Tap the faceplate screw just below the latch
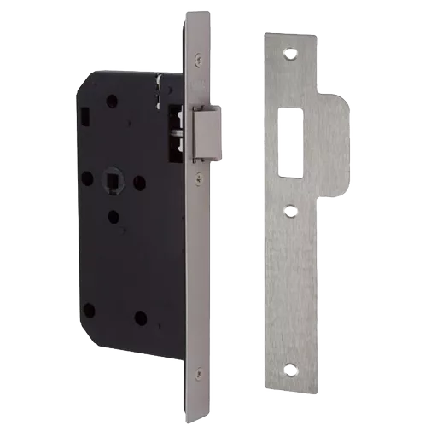pyautogui.click(x=198, y=178)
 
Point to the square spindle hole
pyautogui.click(x=113, y=182)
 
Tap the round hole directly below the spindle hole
pyautogui.click(x=114, y=215)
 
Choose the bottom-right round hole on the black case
pyautogui.click(x=141, y=318)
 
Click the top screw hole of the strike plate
pyautogui.click(x=289, y=52)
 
